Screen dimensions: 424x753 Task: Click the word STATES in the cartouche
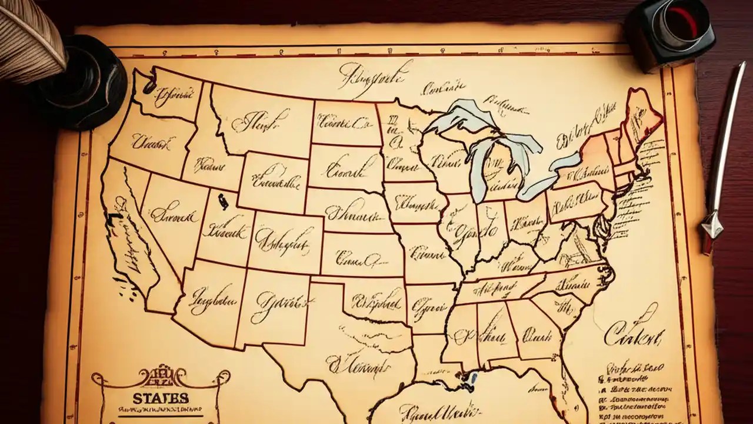click(x=161, y=398)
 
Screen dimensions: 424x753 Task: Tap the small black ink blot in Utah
click(x=222, y=201)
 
